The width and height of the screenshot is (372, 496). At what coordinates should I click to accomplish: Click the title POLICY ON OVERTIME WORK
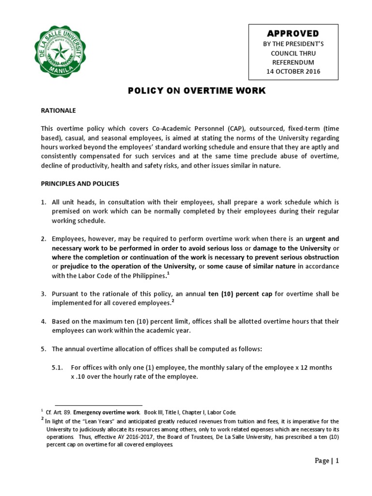pyautogui.click(x=196, y=91)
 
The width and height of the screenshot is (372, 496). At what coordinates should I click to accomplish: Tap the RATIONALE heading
pyautogui.click(x=58, y=110)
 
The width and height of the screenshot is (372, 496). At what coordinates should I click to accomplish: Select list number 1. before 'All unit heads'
pyautogui.click(x=43, y=202)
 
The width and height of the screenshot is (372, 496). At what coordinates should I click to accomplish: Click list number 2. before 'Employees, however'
pyautogui.click(x=43, y=239)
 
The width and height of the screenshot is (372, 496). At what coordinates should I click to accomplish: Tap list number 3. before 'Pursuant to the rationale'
pyautogui.click(x=43, y=294)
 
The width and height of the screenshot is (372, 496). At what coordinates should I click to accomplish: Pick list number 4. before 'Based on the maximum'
pyautogui.click(x=43, y=322)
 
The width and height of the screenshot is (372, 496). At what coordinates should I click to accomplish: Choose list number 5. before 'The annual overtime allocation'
pyautogui.click(x=43, y=349)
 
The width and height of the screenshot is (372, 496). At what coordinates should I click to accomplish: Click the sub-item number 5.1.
pyautogui.click(x=58, y=368)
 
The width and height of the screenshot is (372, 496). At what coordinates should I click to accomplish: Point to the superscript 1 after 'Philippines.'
pyautogui.click(x=168, y=273)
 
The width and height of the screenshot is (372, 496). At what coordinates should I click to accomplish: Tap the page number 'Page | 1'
pyautogui.click(x=326, y=461)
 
